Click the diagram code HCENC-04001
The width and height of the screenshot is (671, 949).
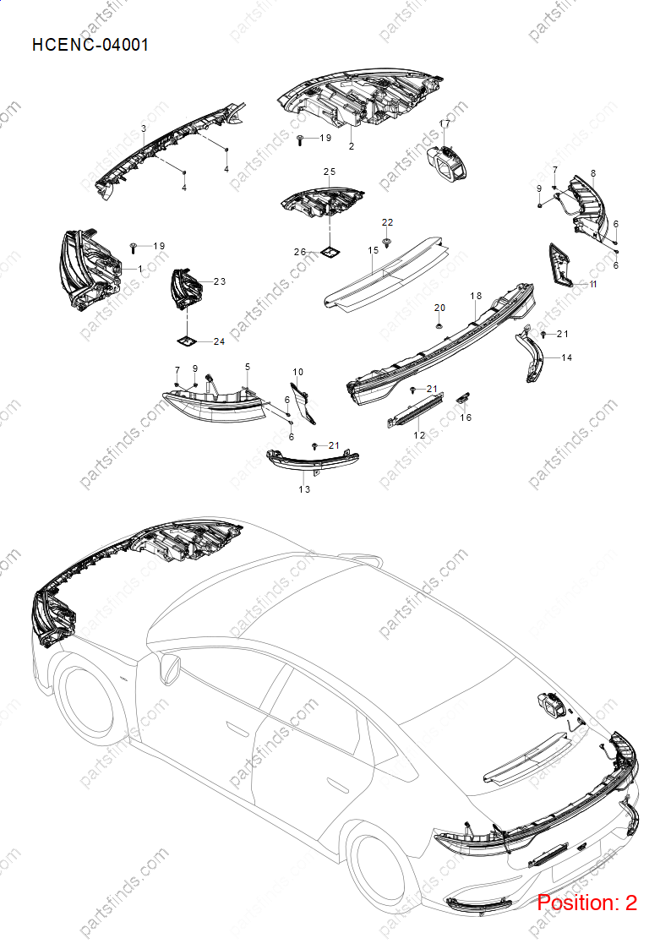(x=90, y=45)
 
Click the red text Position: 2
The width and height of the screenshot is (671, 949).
(x=586, y=903)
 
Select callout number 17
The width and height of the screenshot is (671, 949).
(x=445, y=123)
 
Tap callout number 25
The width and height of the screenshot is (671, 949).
(x=329, y=172)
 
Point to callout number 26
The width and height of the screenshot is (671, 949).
(x=300, y=252)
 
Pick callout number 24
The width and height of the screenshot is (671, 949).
(x=219, y=341)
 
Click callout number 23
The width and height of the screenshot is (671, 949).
(x=220, y=281)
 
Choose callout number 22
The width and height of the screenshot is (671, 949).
(x=387, y=222)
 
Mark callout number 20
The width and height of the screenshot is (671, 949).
(x=440, y=308)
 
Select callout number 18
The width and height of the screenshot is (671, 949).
(x=476, y=296)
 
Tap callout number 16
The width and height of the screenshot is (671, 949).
(x=466, y=417)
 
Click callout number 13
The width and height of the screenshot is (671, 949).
(x=304, y=489)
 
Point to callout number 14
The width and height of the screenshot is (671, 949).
(x=567, y=357)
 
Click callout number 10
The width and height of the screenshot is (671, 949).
(x=297, y=372)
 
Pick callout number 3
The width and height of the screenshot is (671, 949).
(x=144, y=128)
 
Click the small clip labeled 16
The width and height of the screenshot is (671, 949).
(x=463, y=397)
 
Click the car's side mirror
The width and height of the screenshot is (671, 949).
(x=169, y=668)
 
